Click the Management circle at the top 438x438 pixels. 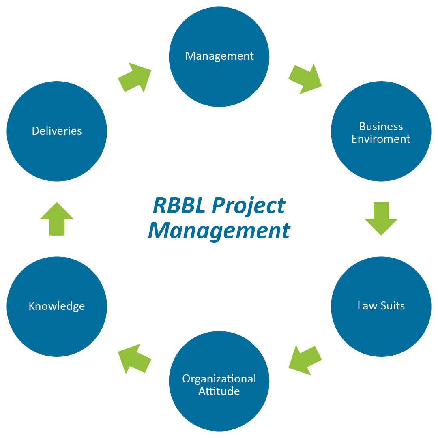click(219, 57)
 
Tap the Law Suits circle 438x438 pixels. click(381, 306)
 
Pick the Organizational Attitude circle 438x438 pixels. click(219, 381)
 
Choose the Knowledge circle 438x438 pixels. click(57, 306)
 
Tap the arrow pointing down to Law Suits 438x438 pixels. click(381, 218)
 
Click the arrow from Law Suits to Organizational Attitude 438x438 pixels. click(305, 360)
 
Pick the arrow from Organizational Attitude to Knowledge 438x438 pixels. click(134, 359)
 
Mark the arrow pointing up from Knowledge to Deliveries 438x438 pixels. click(57, 219)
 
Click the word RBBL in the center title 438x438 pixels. click(180, 206)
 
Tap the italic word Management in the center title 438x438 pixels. click(219, 231)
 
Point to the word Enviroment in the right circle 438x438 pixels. click(381, 139)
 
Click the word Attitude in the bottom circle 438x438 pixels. click(219, 391)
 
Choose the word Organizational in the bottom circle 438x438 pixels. click(219, 379)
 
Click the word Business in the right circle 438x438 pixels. click(381, 127)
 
